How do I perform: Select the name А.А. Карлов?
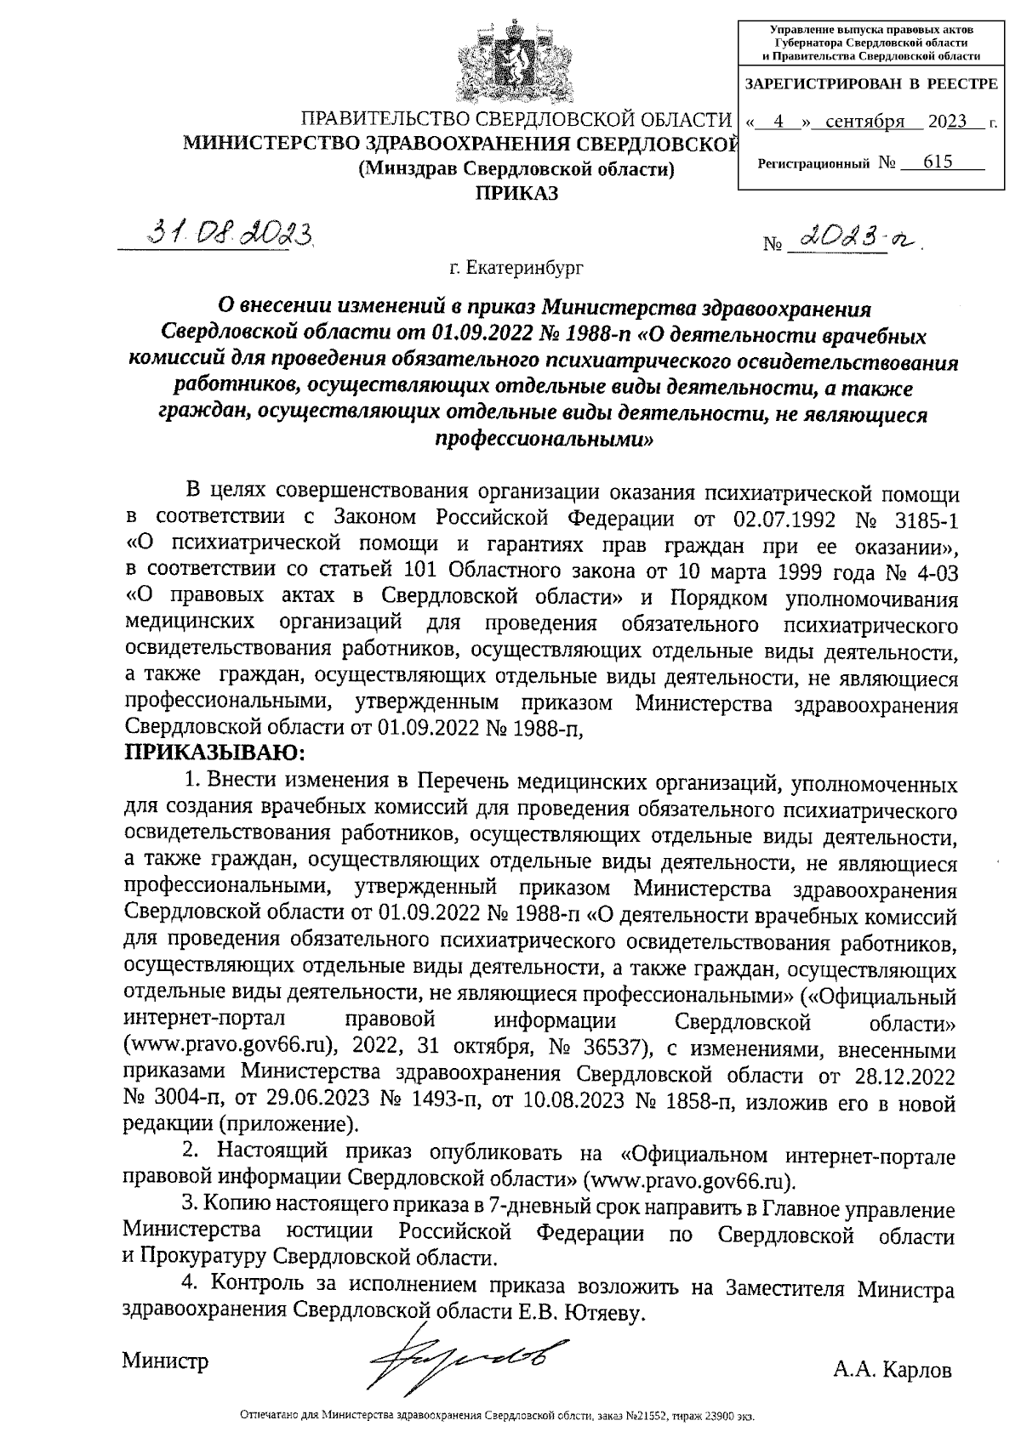click(x=893, y=1370)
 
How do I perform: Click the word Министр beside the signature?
click(x=165, y=1361)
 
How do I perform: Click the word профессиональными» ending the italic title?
click(x=544, y=440)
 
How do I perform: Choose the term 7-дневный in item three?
click(x=596, y=1210)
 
